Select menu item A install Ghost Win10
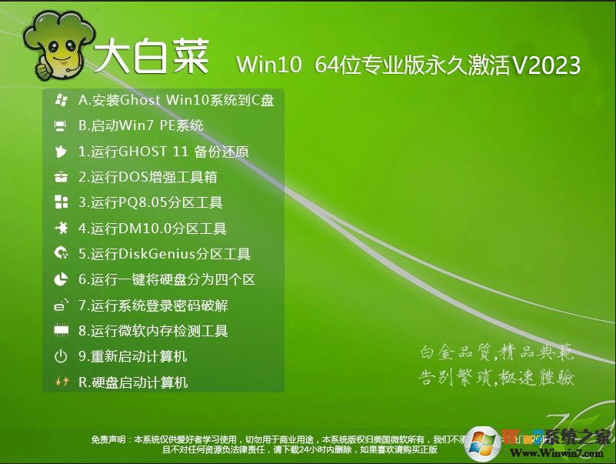176,100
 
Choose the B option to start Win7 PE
141,125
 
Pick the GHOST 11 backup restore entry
163,152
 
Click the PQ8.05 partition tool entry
150,203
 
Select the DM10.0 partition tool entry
152,229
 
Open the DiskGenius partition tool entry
165,254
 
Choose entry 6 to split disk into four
166,280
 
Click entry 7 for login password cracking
153,305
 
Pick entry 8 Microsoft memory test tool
153,331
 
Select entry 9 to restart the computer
132,356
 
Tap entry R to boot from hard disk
133,382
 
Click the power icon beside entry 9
61,356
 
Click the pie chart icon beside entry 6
61,280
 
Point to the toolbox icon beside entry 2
61,177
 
